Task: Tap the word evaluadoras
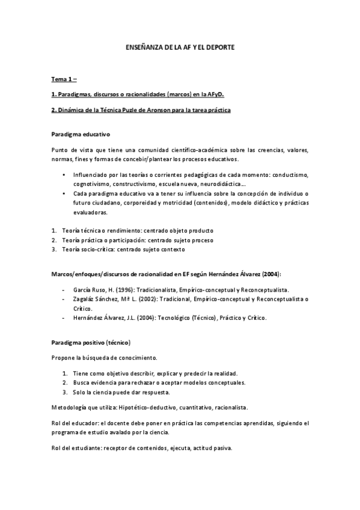point(91,212)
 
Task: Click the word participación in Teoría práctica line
point(127,240)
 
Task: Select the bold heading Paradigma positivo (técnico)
point(91,342)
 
